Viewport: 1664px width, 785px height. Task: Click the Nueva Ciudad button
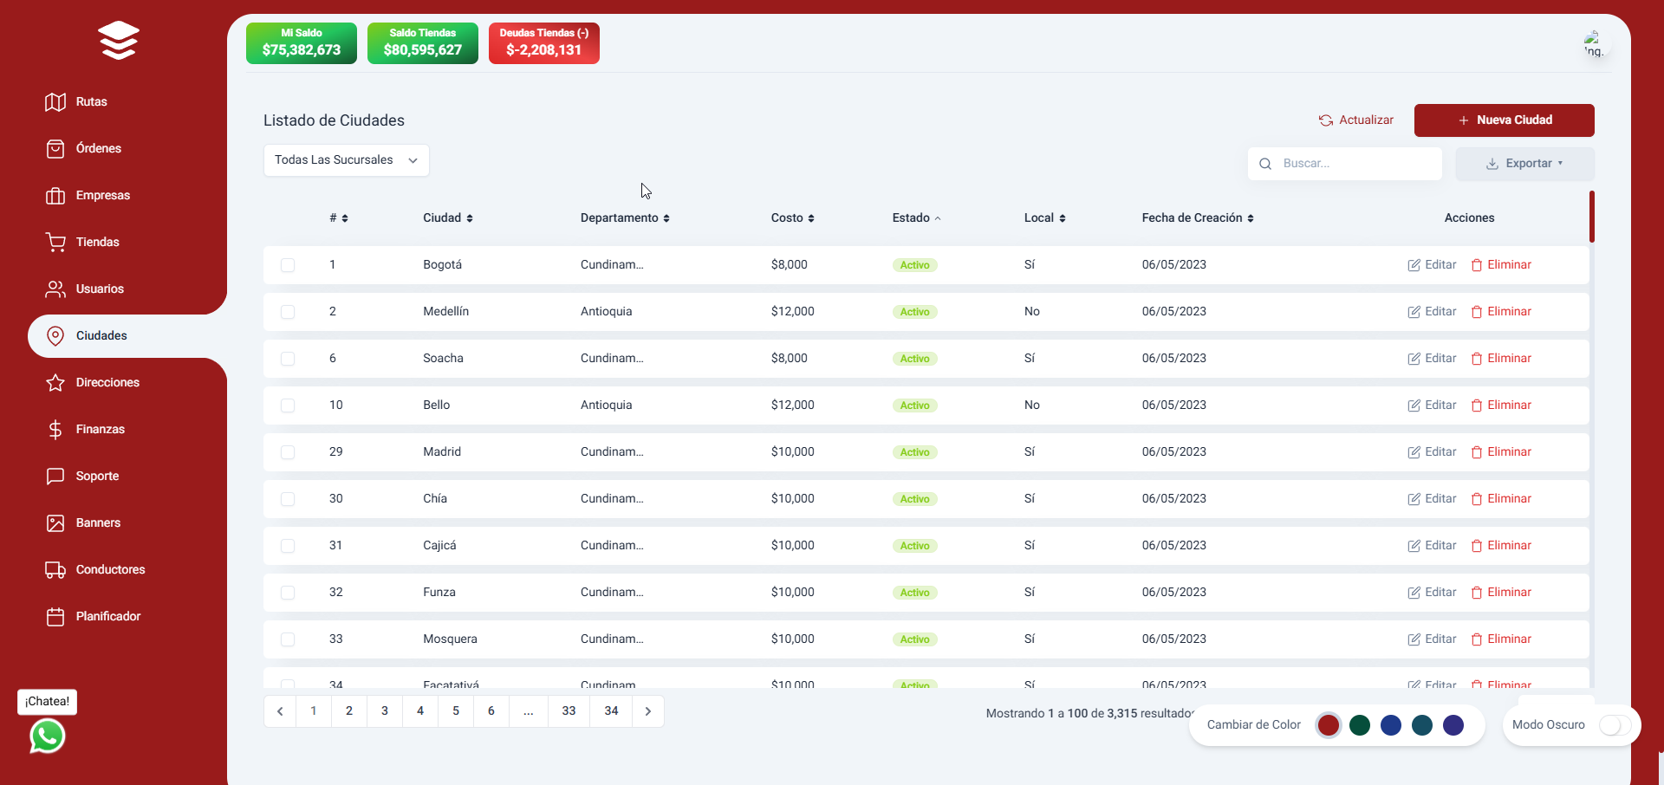pos(1504,120)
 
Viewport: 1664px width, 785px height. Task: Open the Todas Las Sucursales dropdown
pos(346,160)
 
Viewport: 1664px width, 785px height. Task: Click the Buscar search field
pos(1352,164)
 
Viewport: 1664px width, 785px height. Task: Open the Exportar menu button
pos(1524,164)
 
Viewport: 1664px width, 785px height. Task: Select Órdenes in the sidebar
pos(98,149)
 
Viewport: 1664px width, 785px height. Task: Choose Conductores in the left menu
pos(109,570)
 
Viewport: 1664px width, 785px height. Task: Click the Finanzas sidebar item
pos(100,430)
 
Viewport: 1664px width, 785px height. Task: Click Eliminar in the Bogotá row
pos(1501,265)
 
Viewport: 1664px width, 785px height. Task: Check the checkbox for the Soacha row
pos(288,359)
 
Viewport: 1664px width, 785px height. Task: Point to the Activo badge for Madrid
pos(914,452)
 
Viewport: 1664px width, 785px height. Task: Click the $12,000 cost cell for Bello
pos(792,405)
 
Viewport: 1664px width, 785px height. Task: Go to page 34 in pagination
pos(611,711)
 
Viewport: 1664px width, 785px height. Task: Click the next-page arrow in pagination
pos(648,711)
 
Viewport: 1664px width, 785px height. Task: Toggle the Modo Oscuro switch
pos(1615,725)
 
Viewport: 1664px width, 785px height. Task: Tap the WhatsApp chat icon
pos(48,736)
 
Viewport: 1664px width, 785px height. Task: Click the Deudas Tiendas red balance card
pos(543,43)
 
